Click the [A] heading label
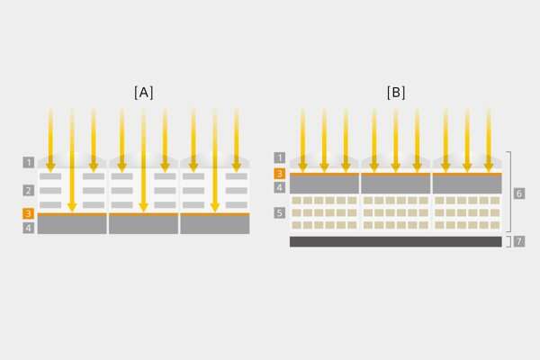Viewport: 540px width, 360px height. [x=143, y=92]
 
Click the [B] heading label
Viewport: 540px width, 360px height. [x=395, y=92]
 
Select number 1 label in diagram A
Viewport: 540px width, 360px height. [x=30, y=163]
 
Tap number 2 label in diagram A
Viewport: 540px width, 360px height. [x=30, y=191]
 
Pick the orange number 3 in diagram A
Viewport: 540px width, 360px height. [x=30, y=214]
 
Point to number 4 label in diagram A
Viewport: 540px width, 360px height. [x=30, y=229]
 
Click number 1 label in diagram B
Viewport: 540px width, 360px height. [x=280, y=157]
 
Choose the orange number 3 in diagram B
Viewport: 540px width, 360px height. [x=280, y=173]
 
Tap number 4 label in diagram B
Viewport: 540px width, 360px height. [x=280, y=187]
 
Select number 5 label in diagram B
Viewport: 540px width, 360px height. [x=280, y=213]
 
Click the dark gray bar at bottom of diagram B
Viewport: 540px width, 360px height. [x=395, y=241]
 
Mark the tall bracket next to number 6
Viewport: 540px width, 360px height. [x=508, y=193]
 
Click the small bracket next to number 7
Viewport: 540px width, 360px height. [x=508, y=241]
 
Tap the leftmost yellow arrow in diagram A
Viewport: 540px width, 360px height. [x=50, y=139]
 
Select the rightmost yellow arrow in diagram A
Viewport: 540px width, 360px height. [x=237, y=139]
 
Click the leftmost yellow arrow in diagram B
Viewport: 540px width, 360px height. [x=302, y=139]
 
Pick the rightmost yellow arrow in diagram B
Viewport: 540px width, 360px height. [x=489, y=139]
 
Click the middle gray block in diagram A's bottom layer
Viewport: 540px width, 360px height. [x=143, y=225]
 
